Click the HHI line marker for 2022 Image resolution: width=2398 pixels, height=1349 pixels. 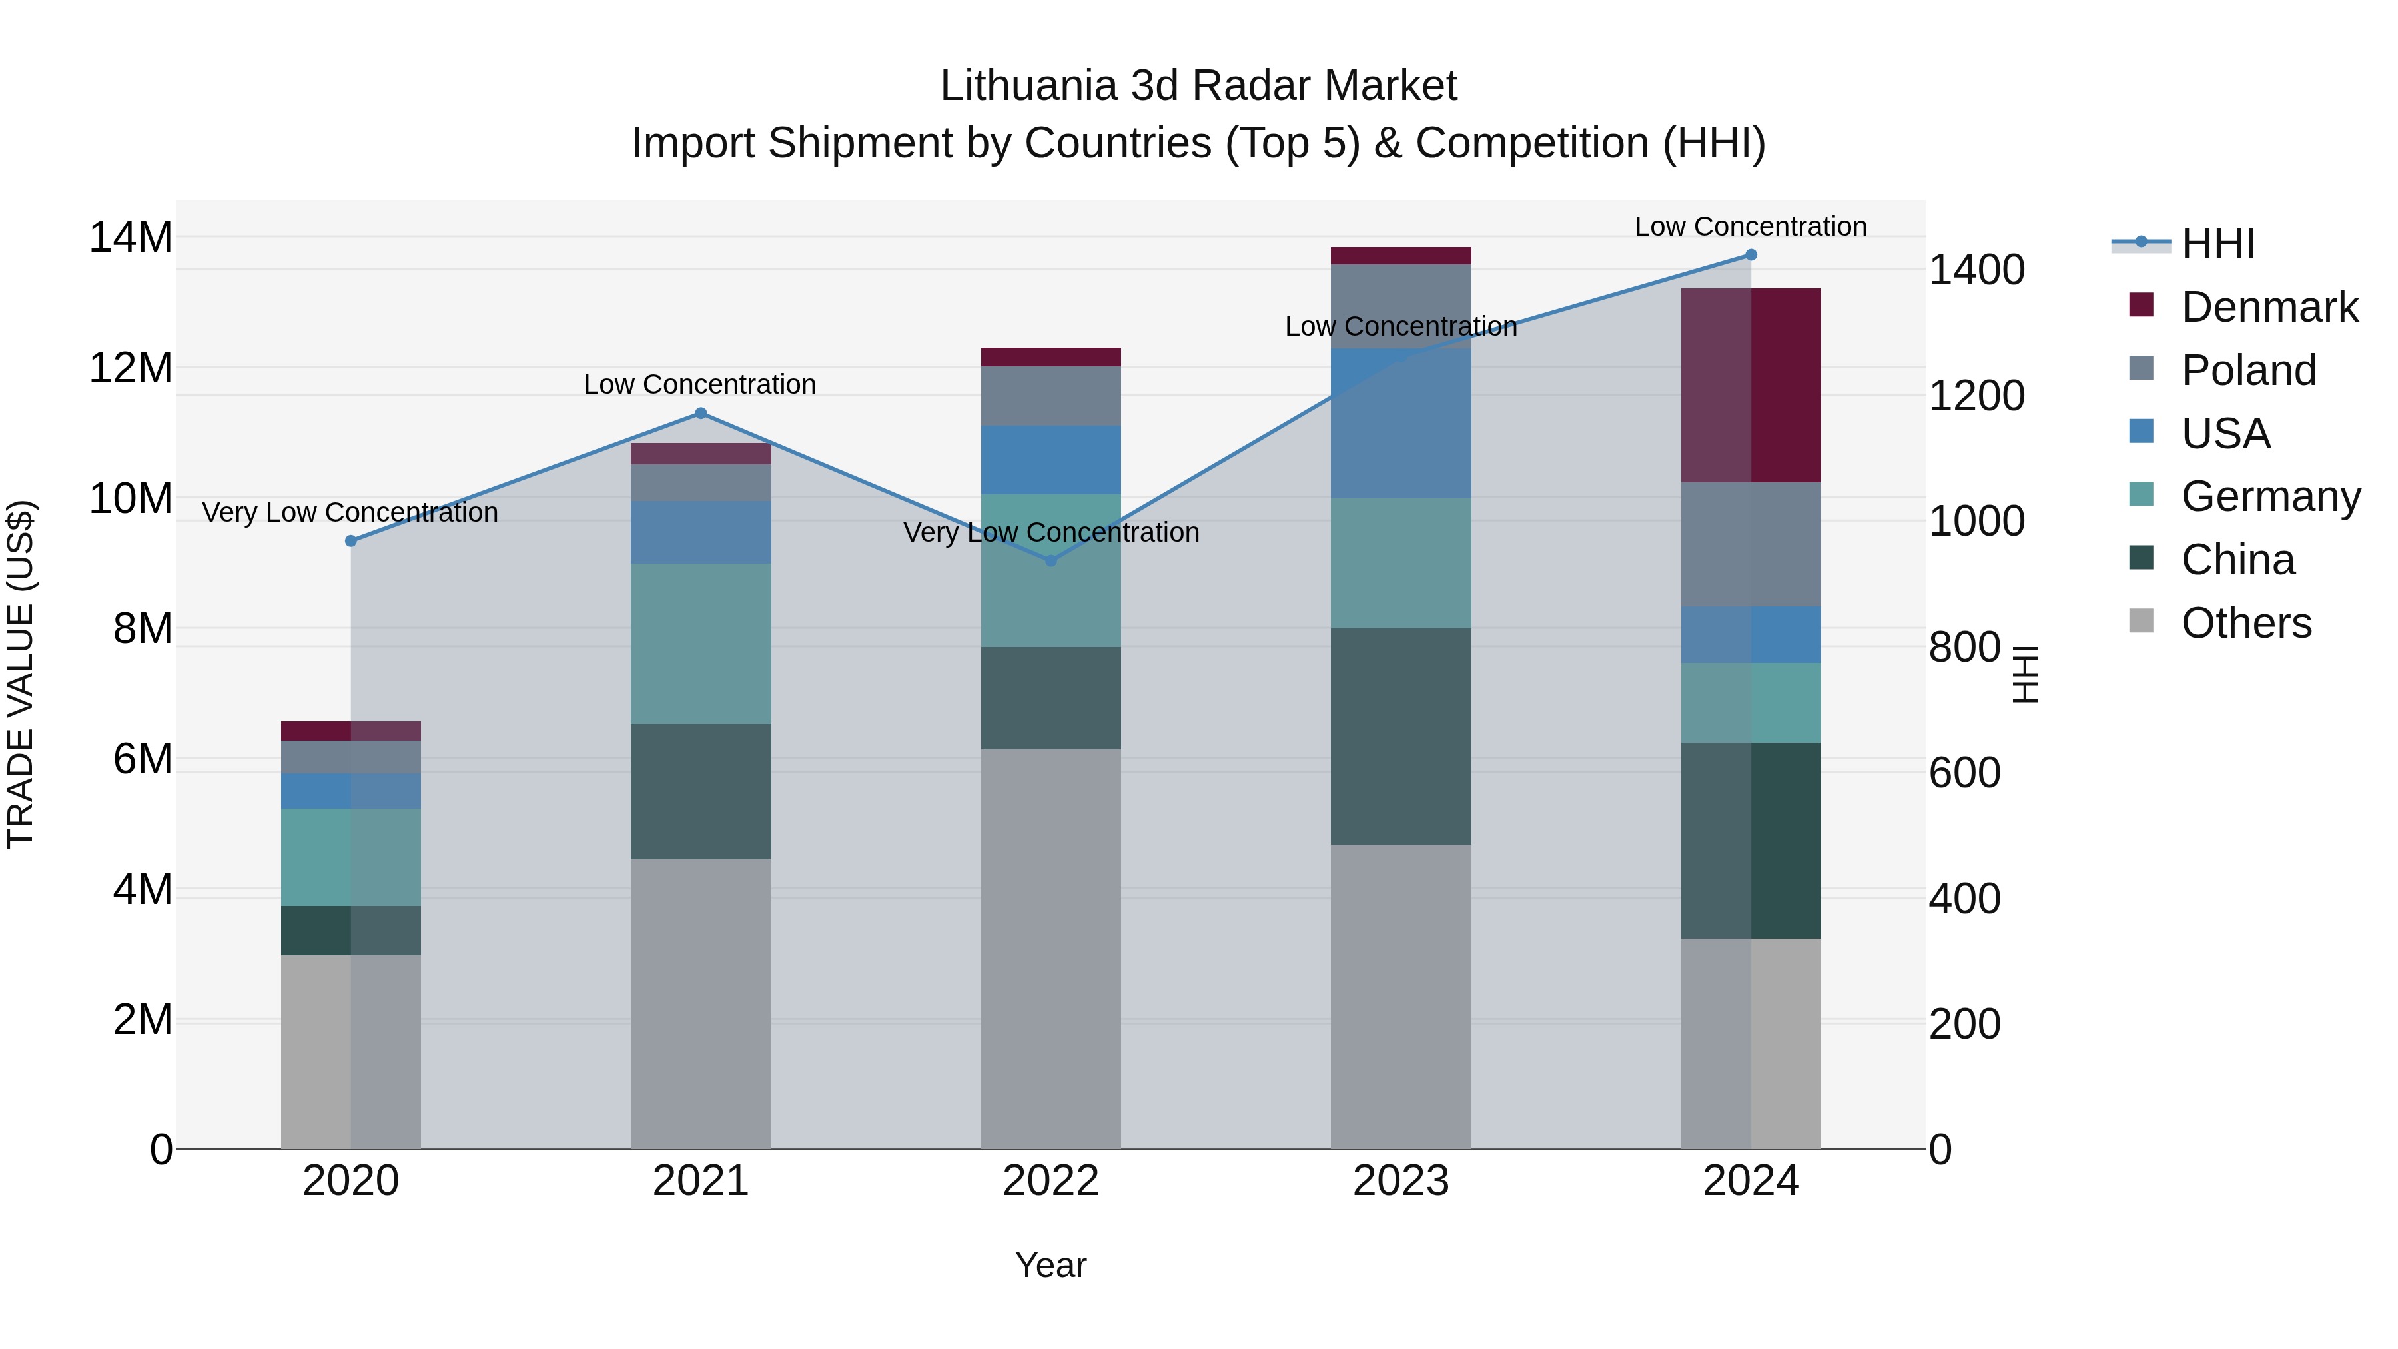point(1051,560)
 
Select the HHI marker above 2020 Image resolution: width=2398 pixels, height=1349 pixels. point(351,541)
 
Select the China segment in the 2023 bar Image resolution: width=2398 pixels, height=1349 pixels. point(1400,736)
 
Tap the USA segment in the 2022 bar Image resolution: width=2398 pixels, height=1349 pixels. point(1051,460)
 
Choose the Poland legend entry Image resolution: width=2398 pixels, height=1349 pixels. point(2248,370)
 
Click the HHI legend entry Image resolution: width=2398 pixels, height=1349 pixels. point(2217,244)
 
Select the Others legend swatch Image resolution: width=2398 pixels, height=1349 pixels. point(2141,621)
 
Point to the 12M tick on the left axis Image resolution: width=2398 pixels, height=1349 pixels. point(131,368)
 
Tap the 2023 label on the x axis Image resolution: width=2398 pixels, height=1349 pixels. point(1400,1181)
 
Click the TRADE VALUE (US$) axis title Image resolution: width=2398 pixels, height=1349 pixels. point(21,674)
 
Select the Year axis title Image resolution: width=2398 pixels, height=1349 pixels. point(1051,1265)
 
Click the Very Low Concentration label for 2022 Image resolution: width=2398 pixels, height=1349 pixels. point(1051,532)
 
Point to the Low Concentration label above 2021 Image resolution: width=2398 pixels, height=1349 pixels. point(700,384)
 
